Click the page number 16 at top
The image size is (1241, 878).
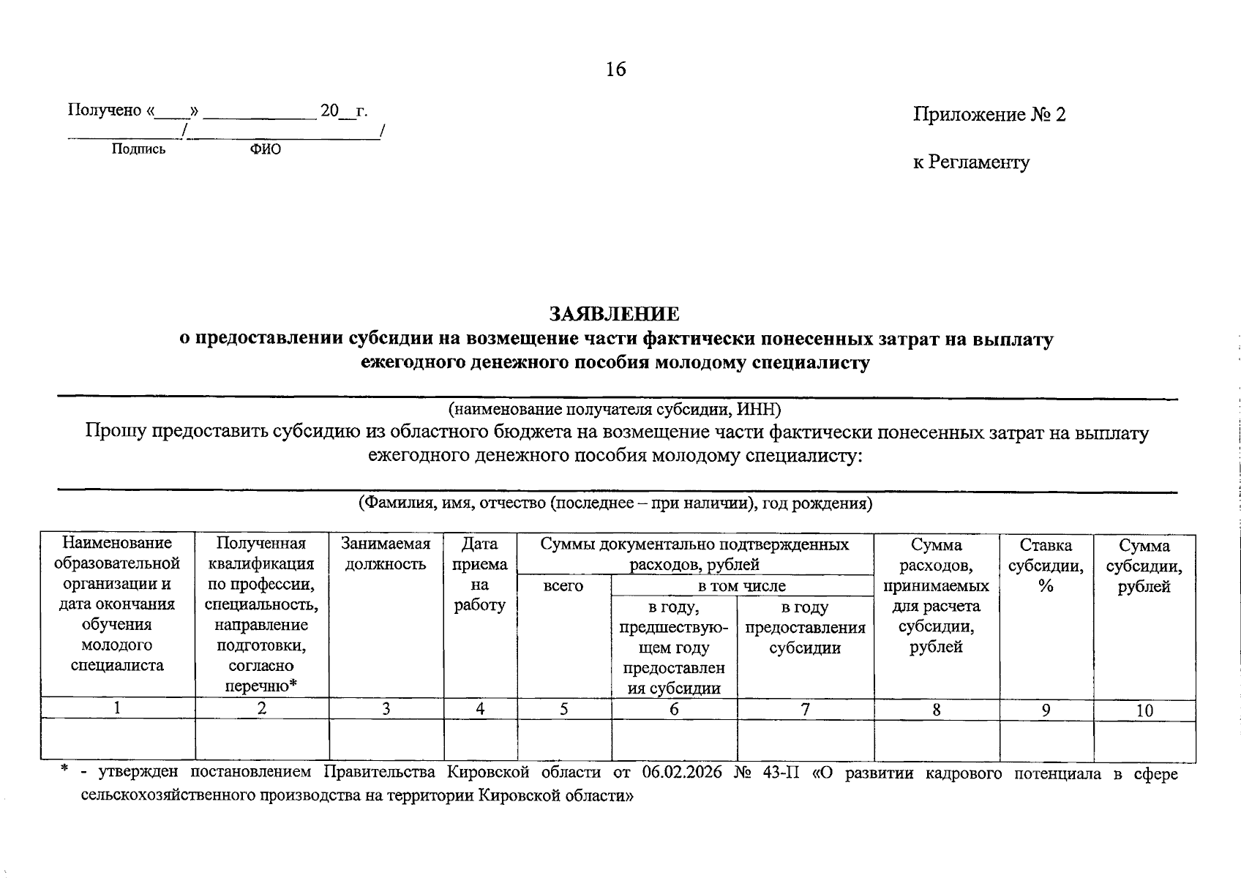coord(615,70)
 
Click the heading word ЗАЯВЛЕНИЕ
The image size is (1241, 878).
coord(615,314)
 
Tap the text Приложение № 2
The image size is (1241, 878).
coord(989,115)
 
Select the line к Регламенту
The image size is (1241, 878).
coord(971,162)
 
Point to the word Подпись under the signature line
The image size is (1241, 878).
coord(138,149)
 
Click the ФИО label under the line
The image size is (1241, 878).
coord(265,149)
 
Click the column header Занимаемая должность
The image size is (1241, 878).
coord(386,554)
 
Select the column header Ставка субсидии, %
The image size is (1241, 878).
coord(1046,565)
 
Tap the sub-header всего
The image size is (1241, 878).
coord(563,585)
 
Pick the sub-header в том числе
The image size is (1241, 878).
coord(741,585)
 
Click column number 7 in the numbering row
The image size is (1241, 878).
coord(805,709)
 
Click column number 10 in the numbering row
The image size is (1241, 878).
coord(1144,710)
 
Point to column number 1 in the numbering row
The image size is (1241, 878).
coord(117,708)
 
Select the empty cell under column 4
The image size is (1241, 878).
coord(480,740)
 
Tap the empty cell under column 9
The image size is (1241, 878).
coord(1046,740)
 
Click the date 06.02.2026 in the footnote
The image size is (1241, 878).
coord(681,773)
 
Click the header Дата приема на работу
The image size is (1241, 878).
coord(480,574)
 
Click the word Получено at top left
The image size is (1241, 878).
coord(105,110)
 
